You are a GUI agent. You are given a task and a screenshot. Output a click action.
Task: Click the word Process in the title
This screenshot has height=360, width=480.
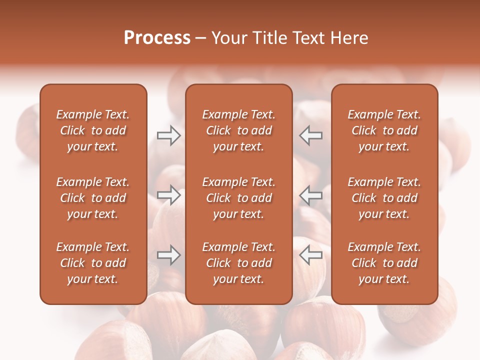157,38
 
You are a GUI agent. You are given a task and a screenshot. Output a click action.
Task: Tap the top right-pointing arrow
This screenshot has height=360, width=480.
169,135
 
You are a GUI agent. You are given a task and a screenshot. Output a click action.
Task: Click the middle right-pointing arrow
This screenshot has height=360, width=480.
169,195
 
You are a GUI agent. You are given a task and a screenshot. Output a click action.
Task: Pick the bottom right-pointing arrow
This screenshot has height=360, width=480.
169,255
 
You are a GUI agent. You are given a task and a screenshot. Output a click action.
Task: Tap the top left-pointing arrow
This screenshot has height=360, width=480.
310,135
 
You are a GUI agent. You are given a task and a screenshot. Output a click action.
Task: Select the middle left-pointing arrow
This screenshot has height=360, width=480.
310,195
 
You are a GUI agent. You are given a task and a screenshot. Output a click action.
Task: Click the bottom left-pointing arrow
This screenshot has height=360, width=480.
310,255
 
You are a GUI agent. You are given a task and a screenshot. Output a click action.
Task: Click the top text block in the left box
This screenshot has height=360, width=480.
93,130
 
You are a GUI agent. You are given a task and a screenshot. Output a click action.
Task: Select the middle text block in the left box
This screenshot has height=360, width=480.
93,198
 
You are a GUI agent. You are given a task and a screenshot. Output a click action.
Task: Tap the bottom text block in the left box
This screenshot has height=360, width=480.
93,263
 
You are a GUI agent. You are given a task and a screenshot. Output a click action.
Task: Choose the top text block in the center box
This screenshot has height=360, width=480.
238,130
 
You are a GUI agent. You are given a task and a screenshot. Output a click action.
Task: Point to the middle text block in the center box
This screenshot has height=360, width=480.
238,198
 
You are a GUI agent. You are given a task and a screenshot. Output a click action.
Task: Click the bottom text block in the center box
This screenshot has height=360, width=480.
238,263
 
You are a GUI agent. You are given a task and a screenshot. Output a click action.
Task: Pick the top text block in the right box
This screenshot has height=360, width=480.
384,130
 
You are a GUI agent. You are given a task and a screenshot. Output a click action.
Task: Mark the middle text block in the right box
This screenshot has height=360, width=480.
384,198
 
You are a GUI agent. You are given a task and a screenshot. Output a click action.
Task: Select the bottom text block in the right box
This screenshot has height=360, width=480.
384,263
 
